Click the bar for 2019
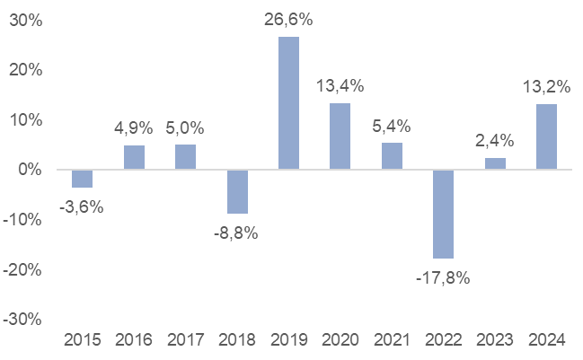288,103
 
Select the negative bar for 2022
443,214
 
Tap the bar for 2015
83,179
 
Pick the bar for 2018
237,191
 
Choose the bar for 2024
546,136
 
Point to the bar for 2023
495,163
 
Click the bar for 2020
340,136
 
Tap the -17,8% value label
443,276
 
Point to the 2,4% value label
495,140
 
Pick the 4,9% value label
135,127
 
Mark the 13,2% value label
546,86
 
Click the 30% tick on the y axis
25,20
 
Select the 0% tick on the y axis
30,170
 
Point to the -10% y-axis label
23,220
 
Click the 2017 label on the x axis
185,341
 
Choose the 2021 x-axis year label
392,341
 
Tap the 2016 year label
134,341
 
